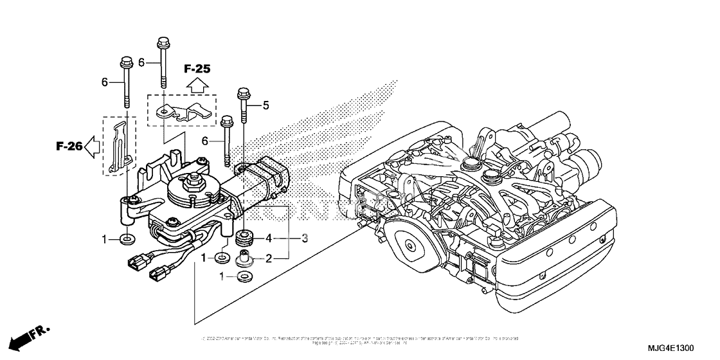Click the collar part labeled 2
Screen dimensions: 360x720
pyautogui.click(x=244, y=259)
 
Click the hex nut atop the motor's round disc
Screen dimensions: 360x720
pyautogui.click(x=193, y=180)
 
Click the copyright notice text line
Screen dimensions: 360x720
pyautogui.click(x=360, y=339)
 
